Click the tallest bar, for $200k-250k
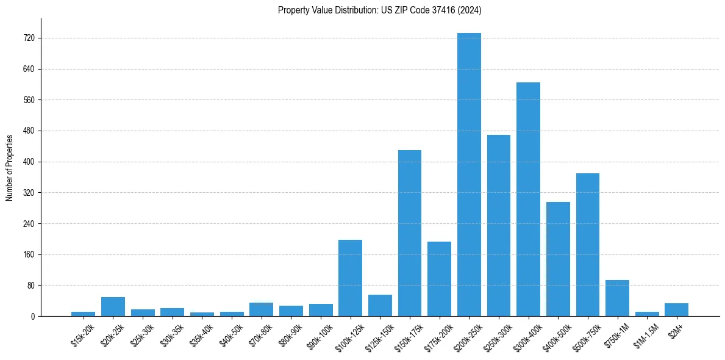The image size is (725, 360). [469, 175]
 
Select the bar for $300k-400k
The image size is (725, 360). [528, 199]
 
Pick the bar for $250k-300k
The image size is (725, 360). [498, 225]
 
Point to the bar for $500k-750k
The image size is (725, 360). [587, 245]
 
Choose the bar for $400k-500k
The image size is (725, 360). [558, 259]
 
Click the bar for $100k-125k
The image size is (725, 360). [350, 278]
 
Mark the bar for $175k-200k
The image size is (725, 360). [439, 279]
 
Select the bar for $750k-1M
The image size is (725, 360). [617, 298]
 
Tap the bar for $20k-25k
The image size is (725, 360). [113, 306]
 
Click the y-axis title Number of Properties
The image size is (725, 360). [9, 167]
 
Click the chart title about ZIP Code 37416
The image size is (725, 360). [380, 10]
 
